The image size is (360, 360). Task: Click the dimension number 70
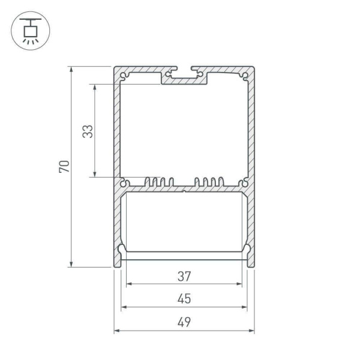pyautogui.click(x=65, y=166)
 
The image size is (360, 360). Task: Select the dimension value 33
pyautogui.click(x=88, y=131)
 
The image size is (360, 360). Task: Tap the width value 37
pyautogui.click(x=184, y=277)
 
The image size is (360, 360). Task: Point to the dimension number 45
pyautogui.click(x=184, y=299)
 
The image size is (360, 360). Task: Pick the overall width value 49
pyautogui.click(x=184, y=322)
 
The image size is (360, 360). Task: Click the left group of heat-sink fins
pyautogui.click(x=160, y=182)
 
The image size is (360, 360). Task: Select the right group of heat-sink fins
pyautogui.click(x=209, y=182)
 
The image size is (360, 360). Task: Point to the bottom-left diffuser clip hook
pyautogui.click(x=122, y=250)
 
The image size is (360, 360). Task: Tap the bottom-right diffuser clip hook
pyautogui.click(x=247, y=250)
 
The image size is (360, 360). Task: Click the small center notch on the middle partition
pyautogui.click(x=184, y=192)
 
